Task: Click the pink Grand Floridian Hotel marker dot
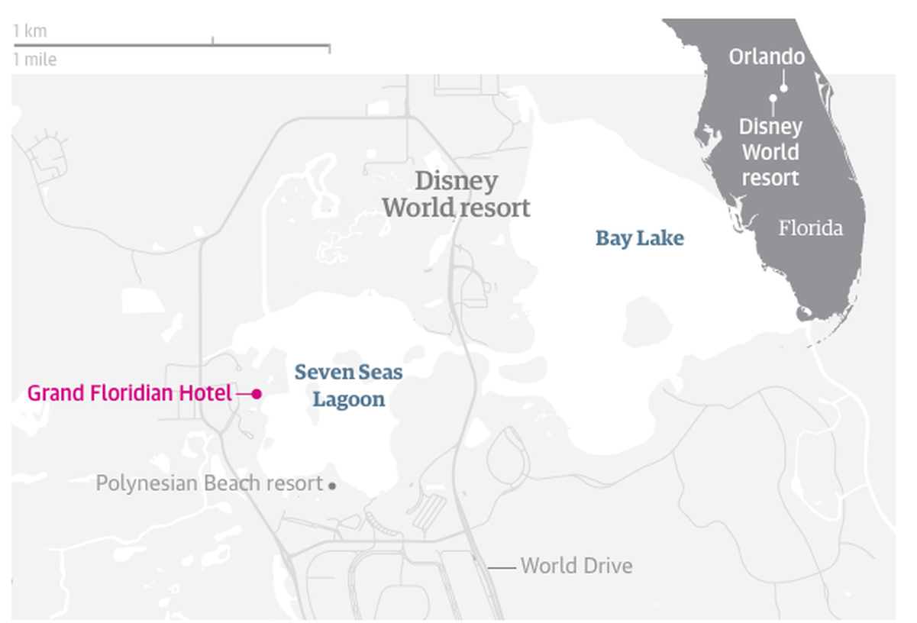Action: click(x=257, y=394)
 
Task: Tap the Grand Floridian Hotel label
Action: click(x=129, y=394)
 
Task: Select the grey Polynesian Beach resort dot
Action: click(x=331, y=485)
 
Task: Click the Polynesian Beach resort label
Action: click(x=209, y=484)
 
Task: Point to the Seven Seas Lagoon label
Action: click(x=349, y=386)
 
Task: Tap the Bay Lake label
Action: click(x=640, y=239)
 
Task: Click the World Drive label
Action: click(x=576, y=567)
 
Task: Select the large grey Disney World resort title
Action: click(x=456, y=194)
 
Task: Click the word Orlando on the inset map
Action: click(x=767, y=57)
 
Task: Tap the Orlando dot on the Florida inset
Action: click(x=784, y=88)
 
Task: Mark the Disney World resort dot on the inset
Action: click(x=773, y=98)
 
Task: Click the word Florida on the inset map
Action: click(x=810, y=228)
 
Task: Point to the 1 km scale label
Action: click(x=30, y=31)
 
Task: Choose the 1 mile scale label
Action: click(x=34, y=60)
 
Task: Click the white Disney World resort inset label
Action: click(x=770, y=152)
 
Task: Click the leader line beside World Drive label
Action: click(x=502, y=567)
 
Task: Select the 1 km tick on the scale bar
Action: click(x=212, y=40)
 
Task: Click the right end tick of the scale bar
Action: click(x=329, y=49)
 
